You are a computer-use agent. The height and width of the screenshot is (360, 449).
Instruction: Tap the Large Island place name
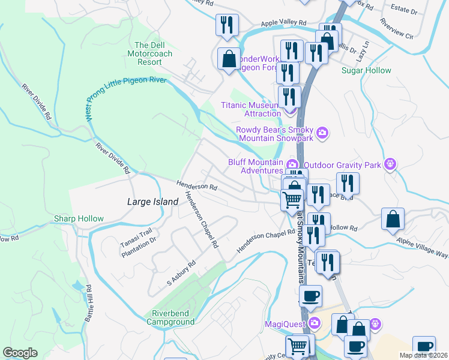tap(152, 202)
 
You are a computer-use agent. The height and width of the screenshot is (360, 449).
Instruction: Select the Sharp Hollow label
tap(79, 218)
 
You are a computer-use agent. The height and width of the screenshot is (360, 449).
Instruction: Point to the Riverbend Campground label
tap(173, 317)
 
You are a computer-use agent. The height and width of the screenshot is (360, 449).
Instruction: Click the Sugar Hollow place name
tap(366, 70)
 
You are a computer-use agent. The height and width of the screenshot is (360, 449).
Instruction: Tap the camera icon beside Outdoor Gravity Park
tap(391, 164)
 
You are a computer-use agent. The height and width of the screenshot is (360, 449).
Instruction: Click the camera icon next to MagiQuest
tap(315, 325)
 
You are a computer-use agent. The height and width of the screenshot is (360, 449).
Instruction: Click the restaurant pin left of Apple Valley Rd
tap(227, 25)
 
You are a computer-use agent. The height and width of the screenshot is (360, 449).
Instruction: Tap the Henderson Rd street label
tap(196, 186)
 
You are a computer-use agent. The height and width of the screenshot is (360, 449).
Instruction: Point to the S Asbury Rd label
tap(181, 273)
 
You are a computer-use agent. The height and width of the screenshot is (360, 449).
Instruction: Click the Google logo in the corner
tap(20, 353)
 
